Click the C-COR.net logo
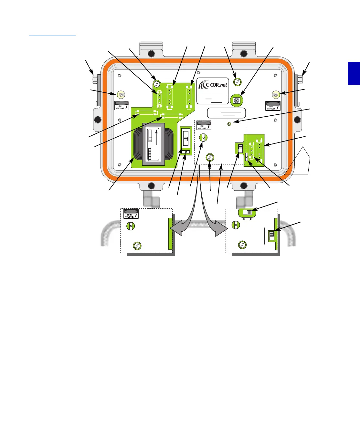(x=213, y=85)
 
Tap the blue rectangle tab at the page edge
(x=354, y=73)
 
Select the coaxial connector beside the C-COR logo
(x=237, y=100)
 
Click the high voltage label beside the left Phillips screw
(x=122, y=106)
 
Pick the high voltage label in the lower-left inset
(x=131, y=214)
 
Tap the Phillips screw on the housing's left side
(x=121, y=95)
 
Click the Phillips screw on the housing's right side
(x=275, y=95)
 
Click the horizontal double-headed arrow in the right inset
(x=248, y=219)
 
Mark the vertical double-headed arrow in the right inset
(x=265, y=236)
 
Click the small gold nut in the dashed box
(x=229, y=124)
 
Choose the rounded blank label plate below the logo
(x=226, y=113)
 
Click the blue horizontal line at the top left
(x=52, y=36)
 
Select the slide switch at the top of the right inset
(x=248, y=212)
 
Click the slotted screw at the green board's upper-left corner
(x=157, y=83)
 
